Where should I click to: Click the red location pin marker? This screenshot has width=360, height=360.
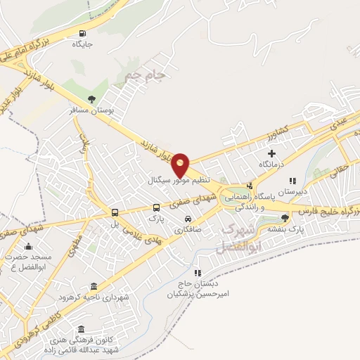tap(181, 164)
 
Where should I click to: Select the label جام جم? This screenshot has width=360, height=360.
tap(143, 74)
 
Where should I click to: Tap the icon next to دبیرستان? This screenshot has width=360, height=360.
tap(293, 181)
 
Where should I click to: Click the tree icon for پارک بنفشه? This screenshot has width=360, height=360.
tap(285, 218)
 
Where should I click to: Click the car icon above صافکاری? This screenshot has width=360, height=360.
tap(186, 218)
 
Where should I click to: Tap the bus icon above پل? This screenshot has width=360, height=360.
tap(114, 213)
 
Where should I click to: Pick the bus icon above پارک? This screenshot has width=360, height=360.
tap(156, 207)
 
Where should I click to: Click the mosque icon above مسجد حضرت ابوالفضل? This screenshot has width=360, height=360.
tap(28, 246)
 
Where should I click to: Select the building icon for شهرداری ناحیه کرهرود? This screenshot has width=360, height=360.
tap(94, 286)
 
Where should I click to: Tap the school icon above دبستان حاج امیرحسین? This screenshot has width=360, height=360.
tap(198, 272)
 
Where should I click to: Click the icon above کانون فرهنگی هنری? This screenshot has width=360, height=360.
tap(82, 330)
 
